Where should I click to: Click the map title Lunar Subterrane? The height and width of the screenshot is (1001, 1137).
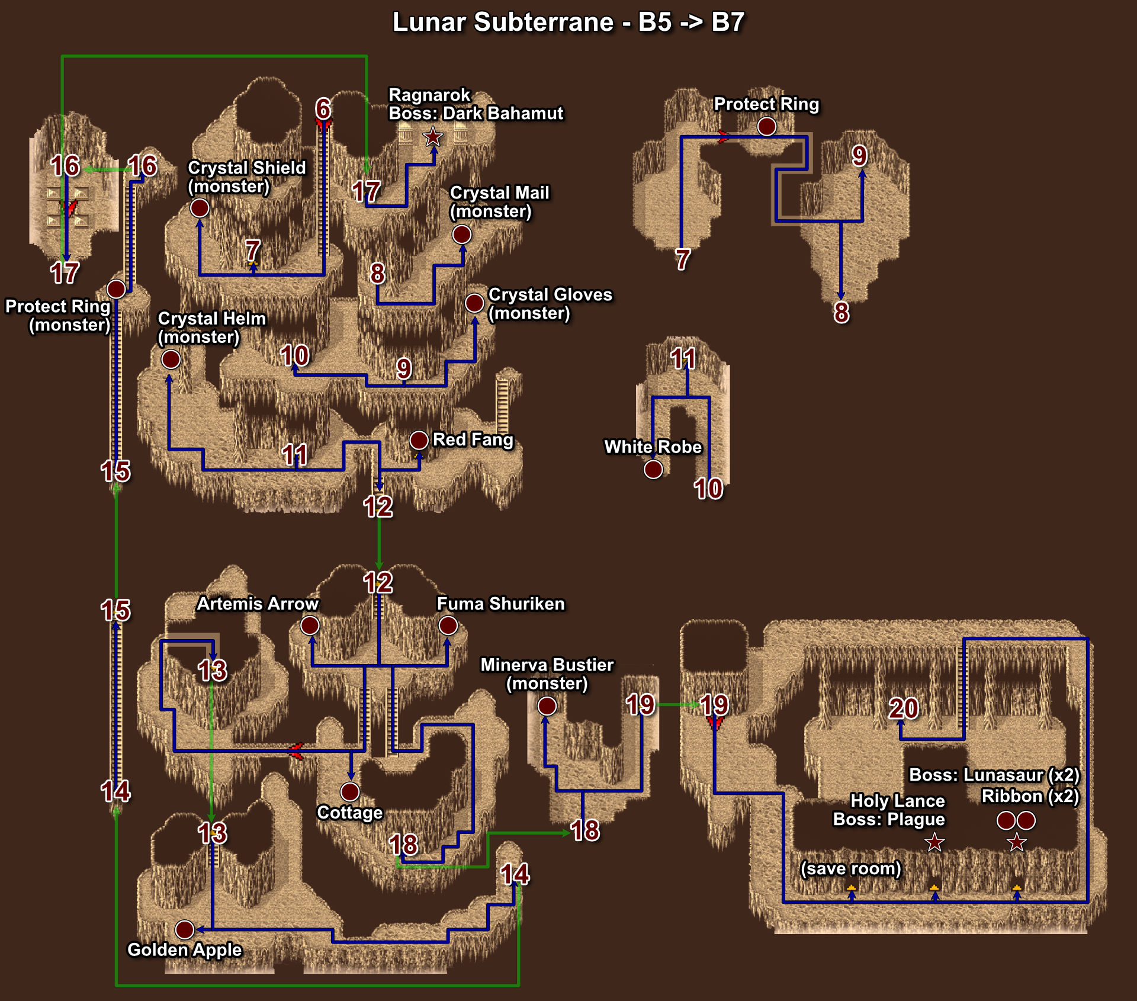tap(503, 23)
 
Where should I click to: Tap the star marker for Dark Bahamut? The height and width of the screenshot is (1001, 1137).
tap(433, 137)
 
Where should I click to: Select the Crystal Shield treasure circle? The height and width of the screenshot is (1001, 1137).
tap(200, 208)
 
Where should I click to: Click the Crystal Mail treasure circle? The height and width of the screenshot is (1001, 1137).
tap(462, 235)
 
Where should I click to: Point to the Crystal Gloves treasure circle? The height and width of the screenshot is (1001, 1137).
tap(474, 303)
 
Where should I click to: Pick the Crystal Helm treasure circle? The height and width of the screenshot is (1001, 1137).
tap(171, 359)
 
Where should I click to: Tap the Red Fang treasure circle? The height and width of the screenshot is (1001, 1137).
tap(419, 440)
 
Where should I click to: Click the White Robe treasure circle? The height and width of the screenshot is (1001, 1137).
tap(653, 469)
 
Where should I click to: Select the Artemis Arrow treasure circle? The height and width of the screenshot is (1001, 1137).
tap(310, 625)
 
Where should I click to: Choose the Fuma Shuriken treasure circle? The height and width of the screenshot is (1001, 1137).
tap(448, 625)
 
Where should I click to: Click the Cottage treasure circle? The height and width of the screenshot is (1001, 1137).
tap(350, 791)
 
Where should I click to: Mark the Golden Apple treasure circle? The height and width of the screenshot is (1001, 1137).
tap(185, 929)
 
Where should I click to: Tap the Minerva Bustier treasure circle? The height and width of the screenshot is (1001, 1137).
tap(547, 705)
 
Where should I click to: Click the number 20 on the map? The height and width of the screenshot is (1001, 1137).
tap(904, 708)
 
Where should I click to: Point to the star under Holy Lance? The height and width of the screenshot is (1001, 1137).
tap(934, 842)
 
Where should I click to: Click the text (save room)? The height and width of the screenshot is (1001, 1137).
tap(850, 868)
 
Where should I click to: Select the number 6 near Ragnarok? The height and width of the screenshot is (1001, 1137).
tap(323, 108)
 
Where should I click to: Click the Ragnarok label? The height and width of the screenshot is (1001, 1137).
tap(429, 95)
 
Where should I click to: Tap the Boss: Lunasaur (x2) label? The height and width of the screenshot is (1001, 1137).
tap(994, 775)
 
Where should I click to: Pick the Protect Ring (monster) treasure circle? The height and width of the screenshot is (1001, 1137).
tap(116, 289)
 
